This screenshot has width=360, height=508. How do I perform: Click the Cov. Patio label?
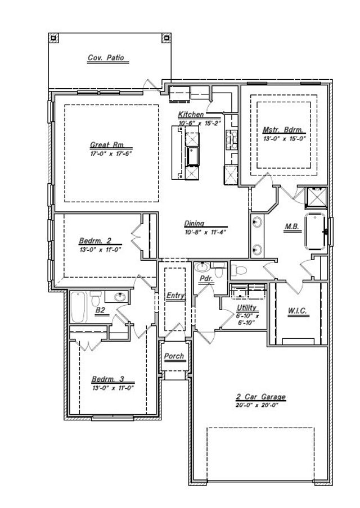click(105, 57)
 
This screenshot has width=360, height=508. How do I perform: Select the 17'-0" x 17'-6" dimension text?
click(110, 153)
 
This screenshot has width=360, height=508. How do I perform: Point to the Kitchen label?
click(191, 114)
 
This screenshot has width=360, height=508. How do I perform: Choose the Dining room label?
click(193, 223)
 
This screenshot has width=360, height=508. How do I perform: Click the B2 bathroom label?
click(100, 310)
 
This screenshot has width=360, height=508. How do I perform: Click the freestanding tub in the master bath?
click(316, 231)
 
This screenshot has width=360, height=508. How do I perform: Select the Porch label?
click(174, 356)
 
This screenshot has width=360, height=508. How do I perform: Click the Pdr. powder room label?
click(205, 278)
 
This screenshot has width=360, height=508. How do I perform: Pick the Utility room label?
click(247, 307)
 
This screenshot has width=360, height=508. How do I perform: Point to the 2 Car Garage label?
click(260, 397)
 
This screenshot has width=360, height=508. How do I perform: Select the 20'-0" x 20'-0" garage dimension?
click(260, 406)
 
